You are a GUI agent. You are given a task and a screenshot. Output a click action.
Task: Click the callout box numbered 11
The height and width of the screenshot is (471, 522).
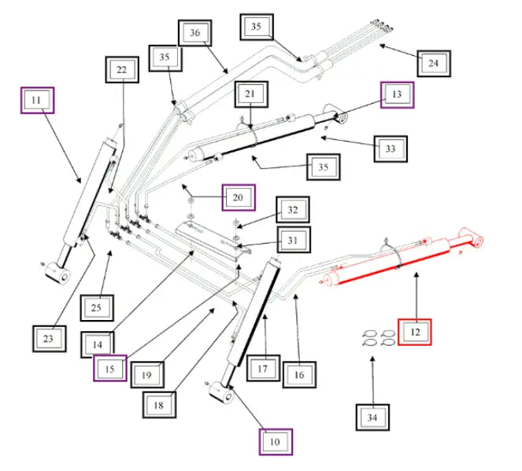pyautogui.click(x=37, y=100)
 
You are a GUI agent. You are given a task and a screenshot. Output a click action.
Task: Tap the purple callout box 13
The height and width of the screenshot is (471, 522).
pyautogui.click(x=397, y=94)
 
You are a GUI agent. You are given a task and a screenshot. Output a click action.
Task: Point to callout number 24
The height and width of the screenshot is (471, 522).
pyautogui.click(x=433, y=62)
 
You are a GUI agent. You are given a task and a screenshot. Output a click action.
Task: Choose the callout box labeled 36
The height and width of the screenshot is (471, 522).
pyautogui.click(x=195, y=32)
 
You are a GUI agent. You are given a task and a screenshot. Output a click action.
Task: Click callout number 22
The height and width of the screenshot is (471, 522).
pyautogui.click(x=122, y=70)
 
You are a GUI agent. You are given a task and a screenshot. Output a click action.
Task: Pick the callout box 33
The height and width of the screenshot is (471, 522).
pyautogui.click(x=391, y=147)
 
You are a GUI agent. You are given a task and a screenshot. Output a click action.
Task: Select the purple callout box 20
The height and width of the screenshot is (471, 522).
pyautogui.click(x=239, y=197)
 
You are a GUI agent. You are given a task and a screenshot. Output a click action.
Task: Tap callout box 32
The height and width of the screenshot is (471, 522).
pyautogui.click(x=292, y=210)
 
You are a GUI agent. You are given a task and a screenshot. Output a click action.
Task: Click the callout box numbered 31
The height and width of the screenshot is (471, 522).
pyautogui.click(x=292, y=239)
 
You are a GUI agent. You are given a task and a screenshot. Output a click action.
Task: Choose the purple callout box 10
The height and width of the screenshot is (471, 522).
pyautogui.click(x=276, y=442)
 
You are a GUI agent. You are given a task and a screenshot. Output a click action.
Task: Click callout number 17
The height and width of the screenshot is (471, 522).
pyautogui.click(x=265, y=367)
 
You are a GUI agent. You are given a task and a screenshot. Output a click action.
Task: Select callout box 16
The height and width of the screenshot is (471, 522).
pyautogui.click(x=299, y=375)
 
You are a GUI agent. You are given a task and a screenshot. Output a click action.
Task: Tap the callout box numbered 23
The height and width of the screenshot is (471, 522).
pyautogui.click(x=49, y=338)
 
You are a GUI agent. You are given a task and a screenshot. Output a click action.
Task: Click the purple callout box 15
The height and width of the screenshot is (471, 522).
pyautogui.click(x=109, y=367)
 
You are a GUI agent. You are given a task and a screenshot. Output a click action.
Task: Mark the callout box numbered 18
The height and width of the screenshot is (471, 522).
pyautogui.click(x=159, y=404)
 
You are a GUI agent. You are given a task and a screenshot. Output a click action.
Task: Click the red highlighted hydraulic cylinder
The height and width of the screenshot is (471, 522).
pyautogui.click(x=402, y=259)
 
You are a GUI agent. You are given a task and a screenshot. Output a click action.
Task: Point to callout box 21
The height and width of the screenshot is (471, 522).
pyautogui.click(x=250, y=94)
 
